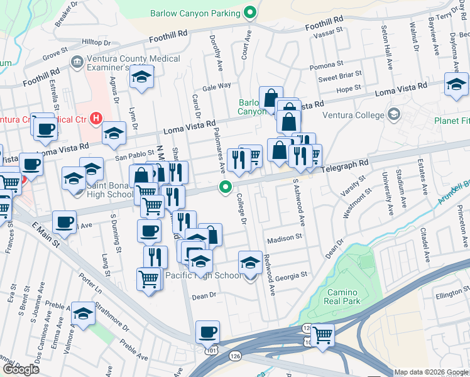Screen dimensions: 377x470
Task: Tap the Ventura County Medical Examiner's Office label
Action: click(x=125, y=63)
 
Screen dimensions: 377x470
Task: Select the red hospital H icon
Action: click(x=96, y=117)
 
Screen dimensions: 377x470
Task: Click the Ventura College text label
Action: click(x=352, y=115)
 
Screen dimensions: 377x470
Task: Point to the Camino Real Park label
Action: click(x=343, y=297)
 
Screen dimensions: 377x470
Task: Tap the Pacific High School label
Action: click(x=202, y=275)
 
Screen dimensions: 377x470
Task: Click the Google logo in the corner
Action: click(x=21, y=369)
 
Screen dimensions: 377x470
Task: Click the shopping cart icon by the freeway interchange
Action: click(x=322, y=334)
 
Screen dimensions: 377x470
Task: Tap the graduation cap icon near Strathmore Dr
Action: click(x=83, y=313)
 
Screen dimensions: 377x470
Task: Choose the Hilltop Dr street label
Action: click(x=96, y=42)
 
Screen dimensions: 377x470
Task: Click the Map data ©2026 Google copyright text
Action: click(x=430, y=371)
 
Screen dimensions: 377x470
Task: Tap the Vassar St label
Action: click(x=331, y=30)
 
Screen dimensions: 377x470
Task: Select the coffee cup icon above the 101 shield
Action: click(x=207, y=331)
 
